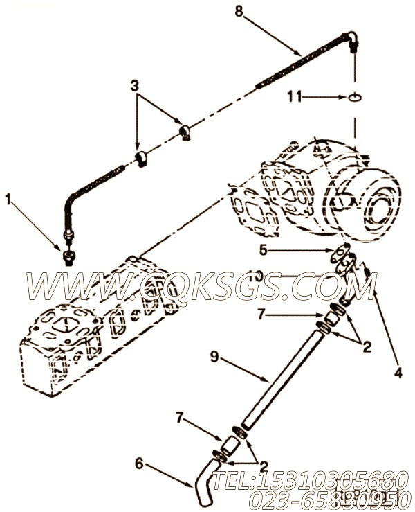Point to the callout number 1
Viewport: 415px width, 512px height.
(8, 200)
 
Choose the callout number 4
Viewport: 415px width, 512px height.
(398, 373)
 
